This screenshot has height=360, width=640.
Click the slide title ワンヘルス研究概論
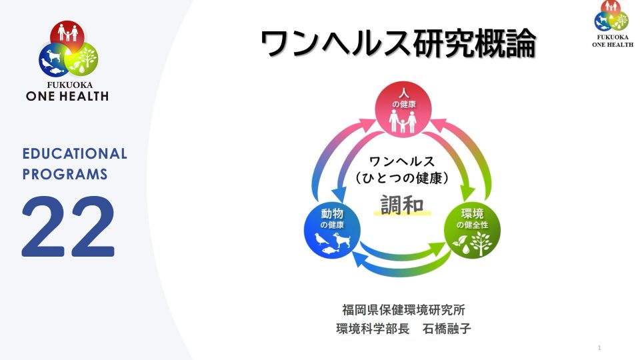pyautogui.click(x=398, y=44)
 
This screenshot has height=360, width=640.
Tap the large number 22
pyautogui.click(x=69, y=227)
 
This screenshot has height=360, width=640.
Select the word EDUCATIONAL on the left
pyautogui.click(x=75, y=154)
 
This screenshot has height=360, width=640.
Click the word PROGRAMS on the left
pyautogui.click(x=65, y=175)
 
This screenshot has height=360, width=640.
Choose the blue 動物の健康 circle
pyautogui.click(x=331, y=231)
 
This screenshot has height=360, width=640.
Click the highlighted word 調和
pyautogui.click(x=402, y=204)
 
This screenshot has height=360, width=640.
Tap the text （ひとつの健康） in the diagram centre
pyautogui.click(x=402, y=178)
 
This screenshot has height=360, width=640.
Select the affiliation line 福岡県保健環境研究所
pyautogui.click(x=403, y=310)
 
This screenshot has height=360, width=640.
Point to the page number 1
pyautogui.click(x=600, y=348)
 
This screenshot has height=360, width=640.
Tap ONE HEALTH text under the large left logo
pyautogui.click(x=67, y=96)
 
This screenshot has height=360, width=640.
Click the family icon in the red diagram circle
pyautogui.click(x=402, y=120)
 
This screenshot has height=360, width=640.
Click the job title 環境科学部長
pyautogui.click(x=373, y=329)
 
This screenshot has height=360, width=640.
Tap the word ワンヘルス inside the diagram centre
pyautogui.click(x=402, y=161)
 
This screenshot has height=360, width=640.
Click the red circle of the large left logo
pyautogui.click(x=68, y=35)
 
